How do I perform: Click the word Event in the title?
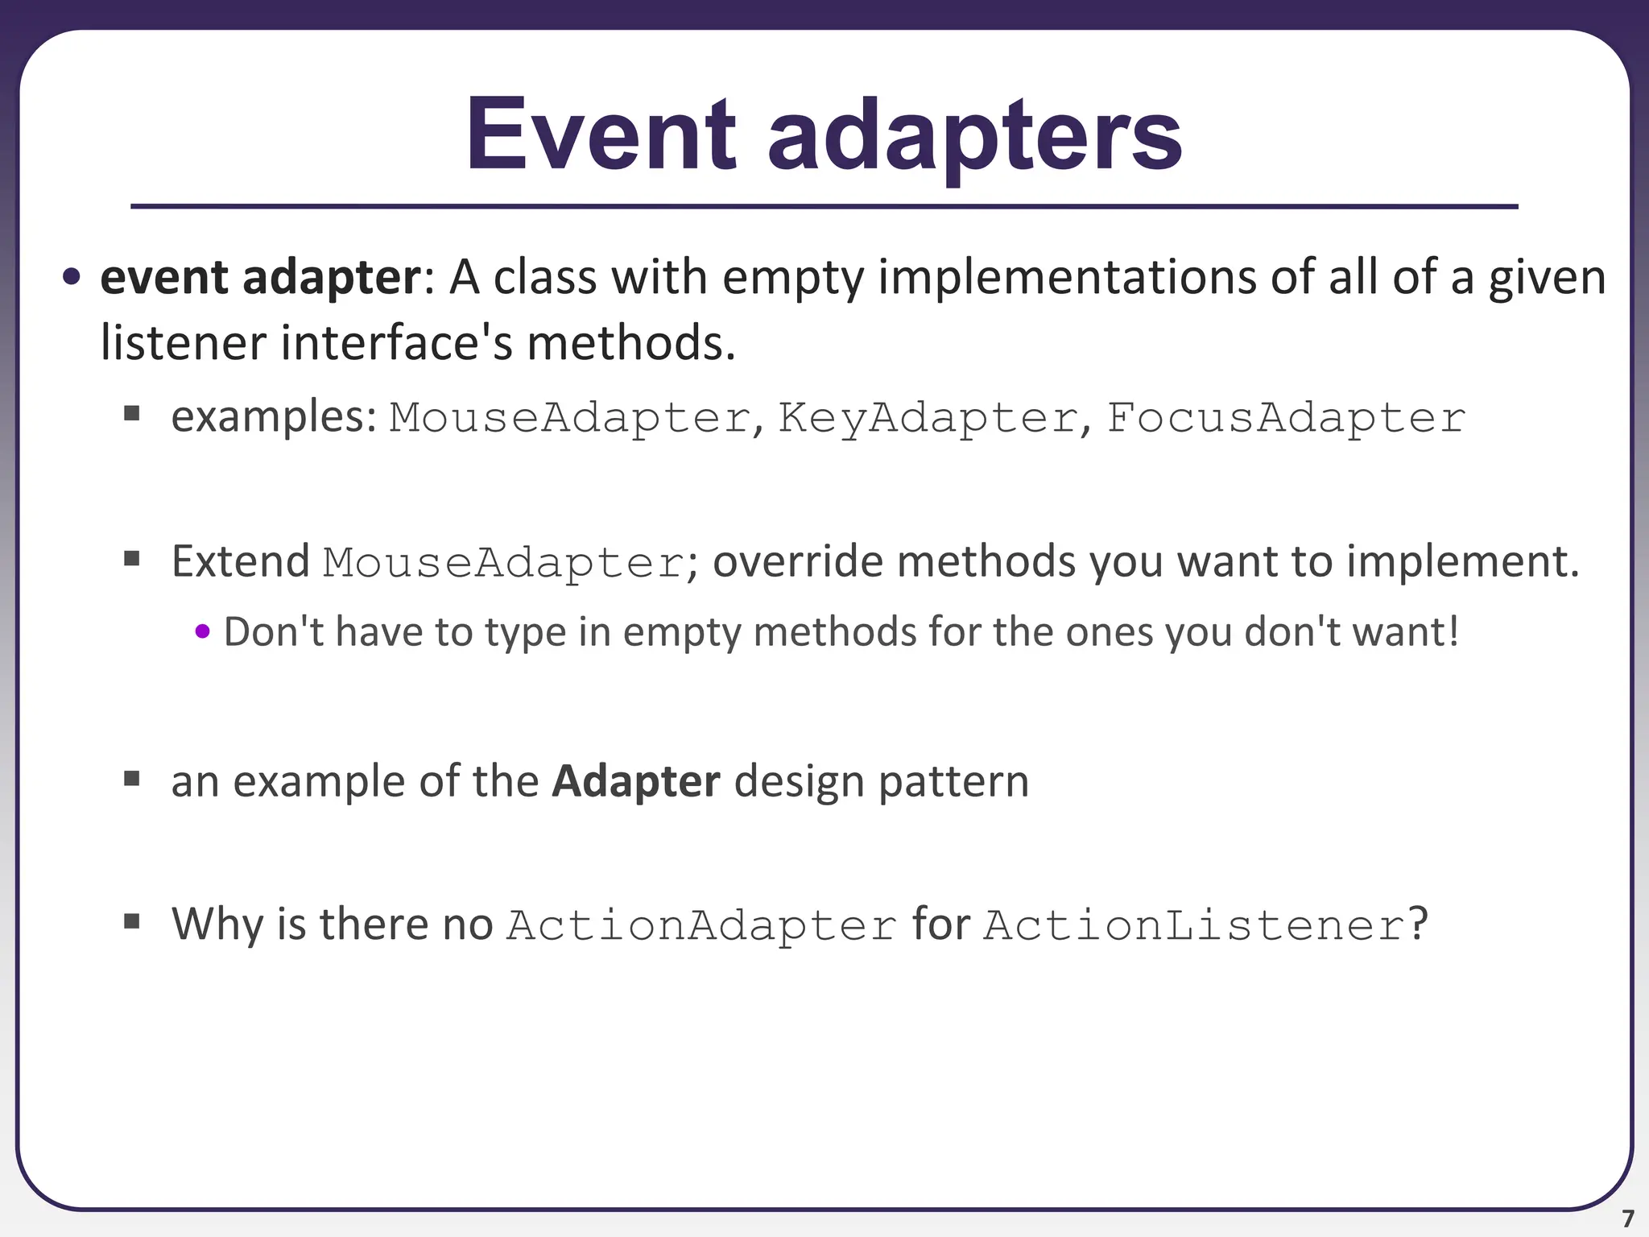tap(601, 135)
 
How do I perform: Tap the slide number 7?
tap(1627, 1218)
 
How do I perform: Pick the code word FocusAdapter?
tap(1285, 419)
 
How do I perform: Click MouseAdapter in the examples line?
tap(570, 419)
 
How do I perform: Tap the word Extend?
tap(240, 561)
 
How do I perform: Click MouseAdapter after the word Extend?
tap(504, 563)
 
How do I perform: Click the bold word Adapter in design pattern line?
tap(635, 781)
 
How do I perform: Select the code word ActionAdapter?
tap(701, 925)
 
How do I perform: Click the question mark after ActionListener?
tap(1417, 923)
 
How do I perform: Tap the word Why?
tap(217, 923)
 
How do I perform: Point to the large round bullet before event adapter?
tap(72, 278)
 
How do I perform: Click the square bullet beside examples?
tap(132, 415)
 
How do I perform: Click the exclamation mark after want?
tap(1452, 631)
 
